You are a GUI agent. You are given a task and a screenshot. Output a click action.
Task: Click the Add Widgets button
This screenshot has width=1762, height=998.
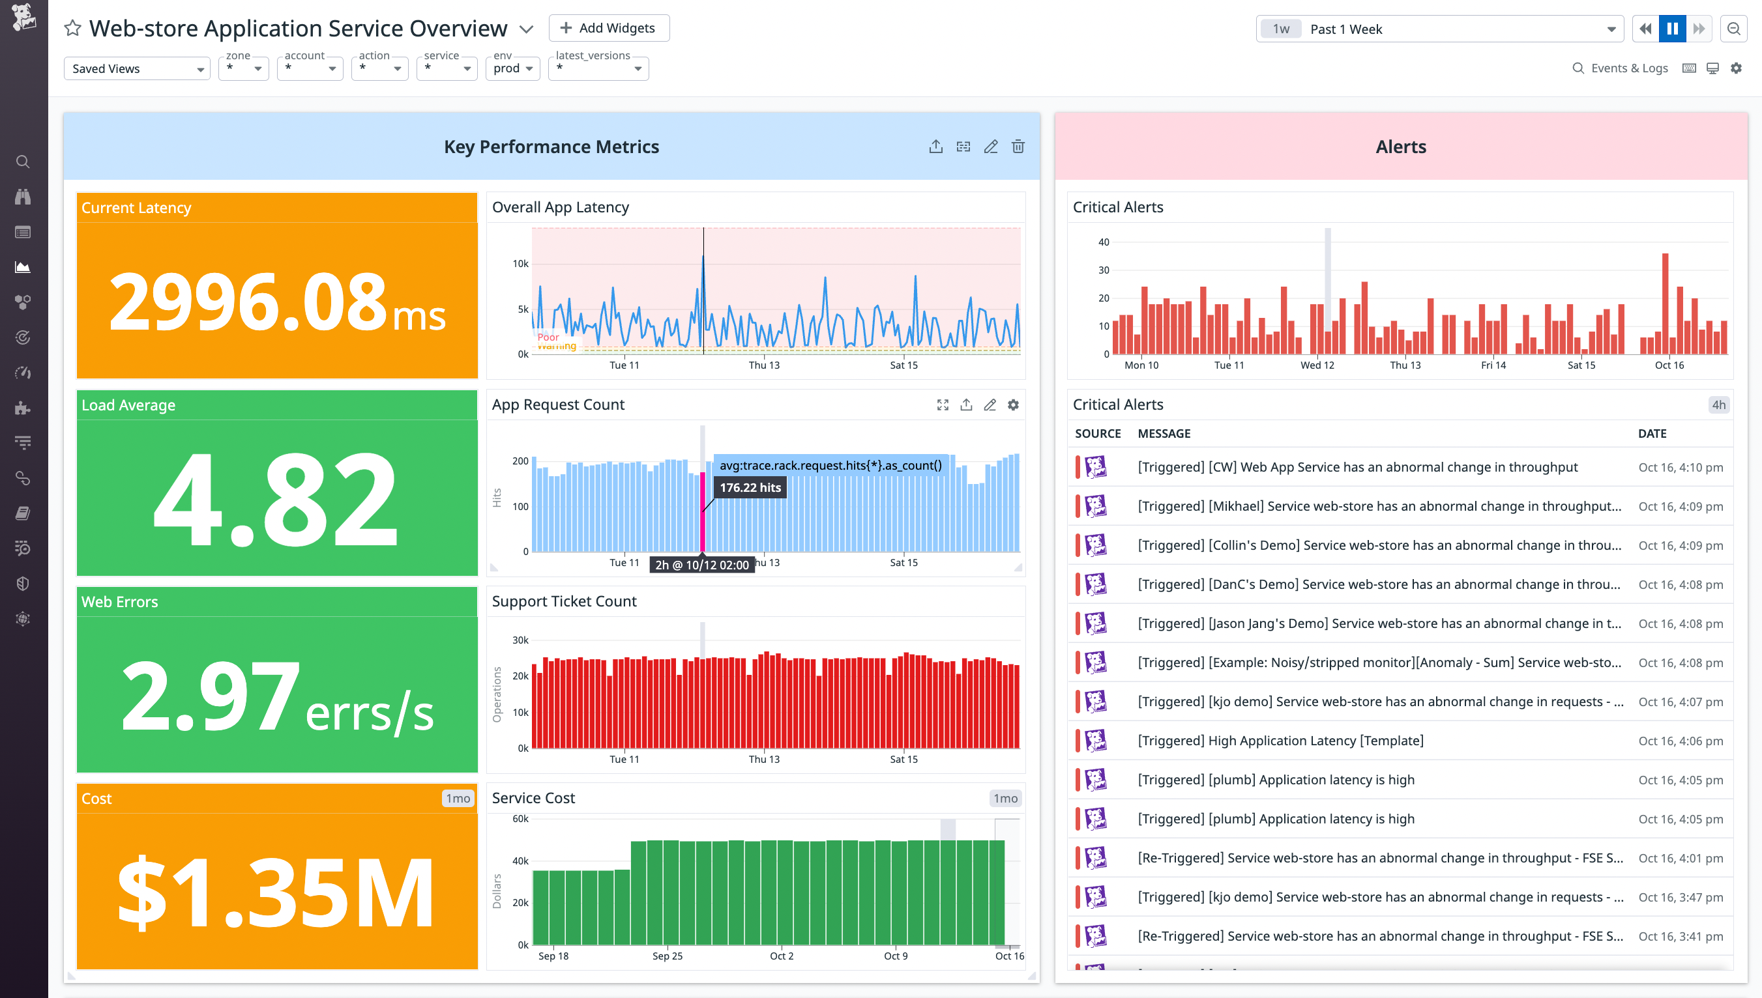click(608, 28)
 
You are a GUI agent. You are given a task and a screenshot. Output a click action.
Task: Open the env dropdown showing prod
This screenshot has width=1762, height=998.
click(512, 68)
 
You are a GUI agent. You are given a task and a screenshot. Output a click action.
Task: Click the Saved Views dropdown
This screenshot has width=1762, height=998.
click(136, 68)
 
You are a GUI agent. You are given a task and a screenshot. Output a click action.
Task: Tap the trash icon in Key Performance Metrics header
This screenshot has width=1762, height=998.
click(1018, 147)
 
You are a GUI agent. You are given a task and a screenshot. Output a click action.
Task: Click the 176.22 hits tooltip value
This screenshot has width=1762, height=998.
click(750, 487)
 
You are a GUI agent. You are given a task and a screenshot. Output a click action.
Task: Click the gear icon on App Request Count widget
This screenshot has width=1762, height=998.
click(1013, 405)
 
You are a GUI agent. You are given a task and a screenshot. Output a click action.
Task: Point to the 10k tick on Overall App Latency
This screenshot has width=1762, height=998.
click(520, 264)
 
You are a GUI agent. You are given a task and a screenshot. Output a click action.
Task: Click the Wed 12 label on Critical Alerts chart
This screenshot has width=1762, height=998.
click(1317, 365)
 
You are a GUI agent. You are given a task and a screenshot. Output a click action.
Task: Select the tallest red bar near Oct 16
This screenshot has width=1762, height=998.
click(1665, 304)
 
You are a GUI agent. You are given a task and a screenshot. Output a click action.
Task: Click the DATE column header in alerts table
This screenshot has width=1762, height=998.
click(1652, 433)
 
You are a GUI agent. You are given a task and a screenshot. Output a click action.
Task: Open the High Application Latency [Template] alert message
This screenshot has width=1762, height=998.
click(1280, 741)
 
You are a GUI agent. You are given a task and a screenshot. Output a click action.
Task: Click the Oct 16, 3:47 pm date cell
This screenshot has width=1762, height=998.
click(1680, 897)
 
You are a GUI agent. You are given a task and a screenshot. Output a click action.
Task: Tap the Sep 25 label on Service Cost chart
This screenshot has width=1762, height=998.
click(667, 956)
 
